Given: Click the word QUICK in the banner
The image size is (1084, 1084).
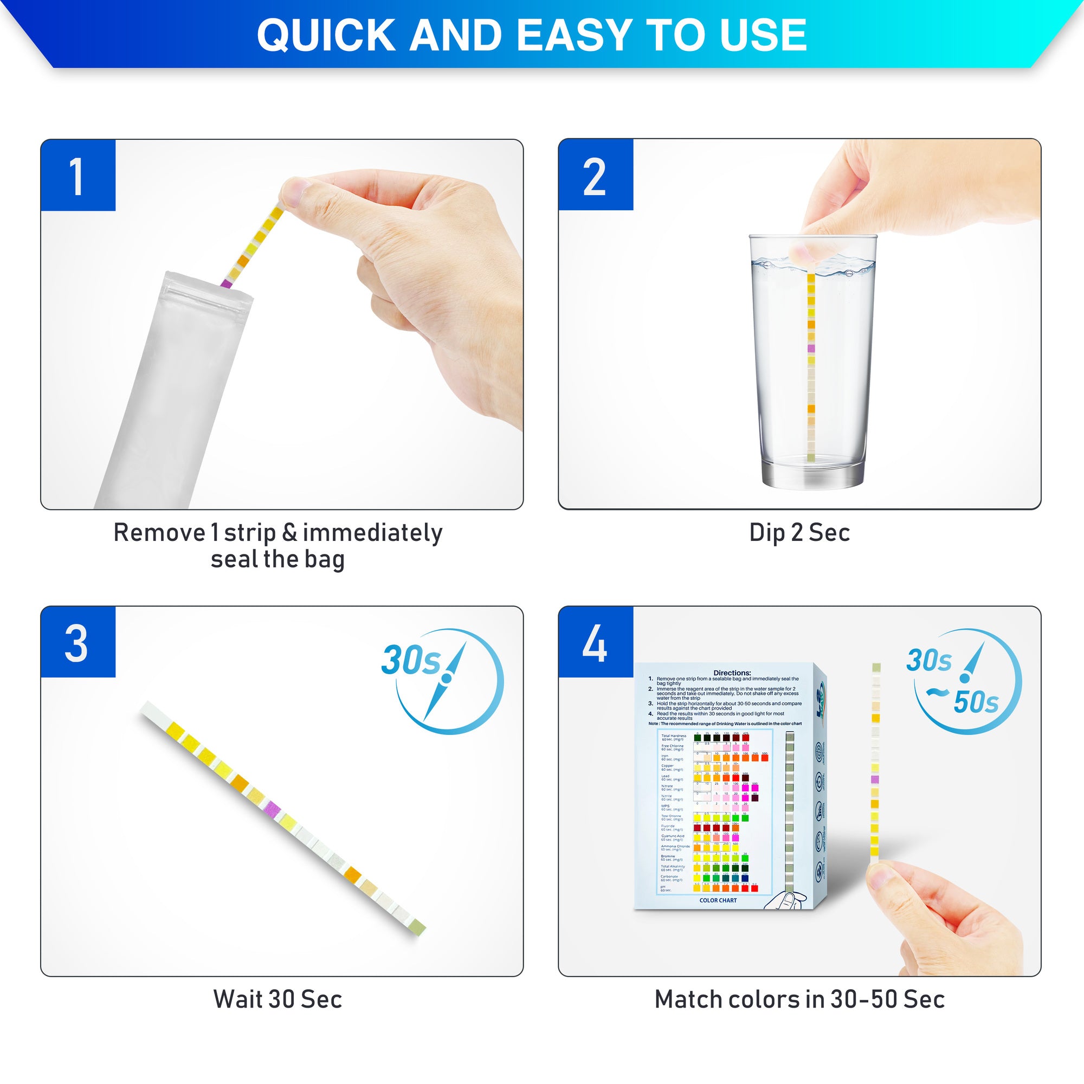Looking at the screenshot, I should [326, 35].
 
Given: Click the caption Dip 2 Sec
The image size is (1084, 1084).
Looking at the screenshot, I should [799, 533].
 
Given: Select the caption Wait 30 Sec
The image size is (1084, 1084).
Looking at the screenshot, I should [278, 999].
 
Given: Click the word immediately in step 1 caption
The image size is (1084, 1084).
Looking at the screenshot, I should [372, 533].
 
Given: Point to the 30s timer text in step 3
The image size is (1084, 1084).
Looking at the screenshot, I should [411, 660].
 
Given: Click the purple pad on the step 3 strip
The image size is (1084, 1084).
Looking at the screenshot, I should [272, 808].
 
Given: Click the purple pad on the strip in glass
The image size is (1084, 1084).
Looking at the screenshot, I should [811, 349].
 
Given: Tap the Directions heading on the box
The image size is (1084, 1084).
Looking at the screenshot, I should [732, 673].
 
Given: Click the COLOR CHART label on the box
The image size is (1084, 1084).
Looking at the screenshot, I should [718, 900].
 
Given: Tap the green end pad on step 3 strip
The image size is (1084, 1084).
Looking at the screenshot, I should [417, 926].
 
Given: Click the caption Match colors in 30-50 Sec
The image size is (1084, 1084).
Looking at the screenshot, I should [799, 999].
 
